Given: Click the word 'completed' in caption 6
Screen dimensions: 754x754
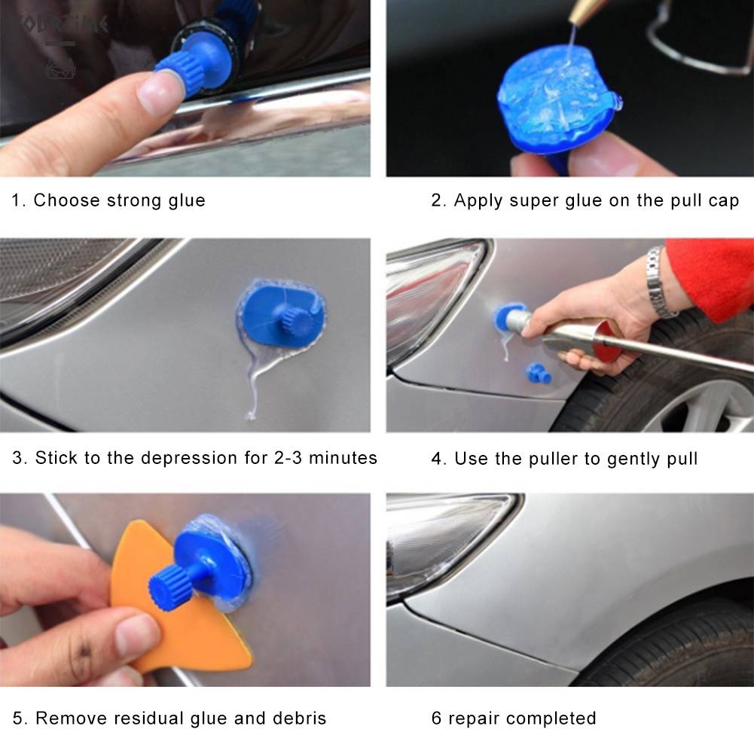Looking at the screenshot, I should point(555,718).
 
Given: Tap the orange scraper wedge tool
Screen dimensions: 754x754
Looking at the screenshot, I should point(188,618).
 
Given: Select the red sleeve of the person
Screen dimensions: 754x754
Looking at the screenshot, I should point(712,275).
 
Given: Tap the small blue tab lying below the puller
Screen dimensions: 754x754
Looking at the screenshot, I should point(538,372).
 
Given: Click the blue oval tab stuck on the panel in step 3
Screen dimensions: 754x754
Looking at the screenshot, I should point(282,317).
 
